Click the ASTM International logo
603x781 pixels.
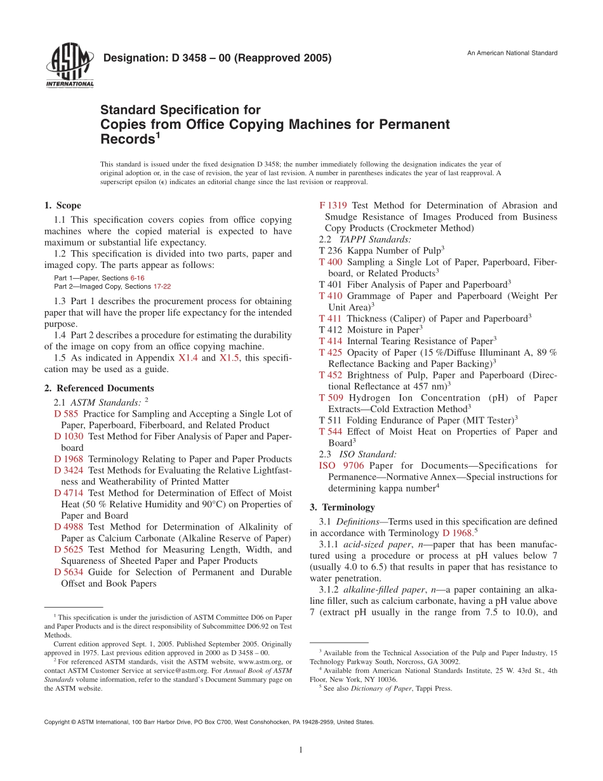69,67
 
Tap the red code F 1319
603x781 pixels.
333,205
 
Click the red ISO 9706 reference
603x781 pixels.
341,465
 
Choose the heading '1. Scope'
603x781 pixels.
62,205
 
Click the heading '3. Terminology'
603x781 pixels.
343,507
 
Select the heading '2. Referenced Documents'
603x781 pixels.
99,388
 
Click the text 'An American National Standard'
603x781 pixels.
512,53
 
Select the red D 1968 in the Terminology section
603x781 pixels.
457,533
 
